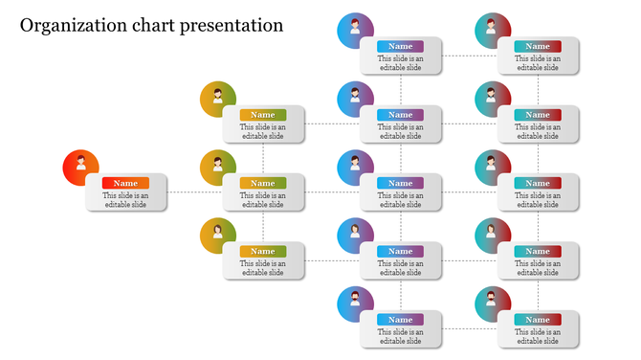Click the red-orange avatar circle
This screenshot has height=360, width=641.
point(80,168)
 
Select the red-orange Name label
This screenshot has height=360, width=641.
point(125,183)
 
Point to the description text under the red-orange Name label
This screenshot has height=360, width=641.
point(125,200)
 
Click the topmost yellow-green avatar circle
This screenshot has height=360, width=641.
point(218,100)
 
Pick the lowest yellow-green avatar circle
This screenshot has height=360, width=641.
point(218,236)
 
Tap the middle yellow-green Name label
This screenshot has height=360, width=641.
point(263,183)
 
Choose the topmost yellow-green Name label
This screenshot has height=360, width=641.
point(263,115)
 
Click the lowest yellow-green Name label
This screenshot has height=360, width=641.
point(263,252)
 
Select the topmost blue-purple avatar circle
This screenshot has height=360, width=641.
point(355,31)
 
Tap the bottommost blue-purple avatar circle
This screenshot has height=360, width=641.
point(355,304)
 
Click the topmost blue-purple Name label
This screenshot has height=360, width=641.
point(400,46)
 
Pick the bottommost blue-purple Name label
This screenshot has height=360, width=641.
point(400,320)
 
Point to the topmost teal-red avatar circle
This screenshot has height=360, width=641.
point(493,31)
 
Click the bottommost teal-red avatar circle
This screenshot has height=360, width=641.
point(493,304)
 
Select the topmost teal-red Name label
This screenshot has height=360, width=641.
point(538,46)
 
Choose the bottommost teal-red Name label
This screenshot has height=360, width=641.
point(538,320)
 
